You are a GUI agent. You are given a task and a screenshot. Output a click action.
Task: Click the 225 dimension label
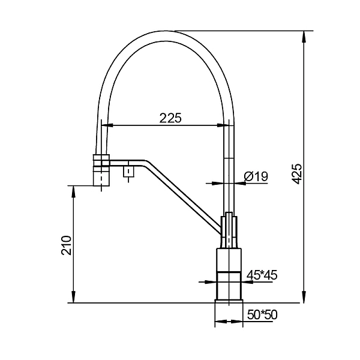coord(170,118)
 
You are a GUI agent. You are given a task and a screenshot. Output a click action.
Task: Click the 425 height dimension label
coord(298,174)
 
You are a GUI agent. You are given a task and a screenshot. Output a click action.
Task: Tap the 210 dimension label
coord(67,245)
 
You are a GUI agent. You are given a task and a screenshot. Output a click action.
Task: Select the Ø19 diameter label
coord(256,176)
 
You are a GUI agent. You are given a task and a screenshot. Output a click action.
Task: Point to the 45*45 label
coord(262,275)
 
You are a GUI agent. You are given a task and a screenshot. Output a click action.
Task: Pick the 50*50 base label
coord(262,315)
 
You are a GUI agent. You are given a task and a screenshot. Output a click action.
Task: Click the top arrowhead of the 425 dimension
coord(304,36)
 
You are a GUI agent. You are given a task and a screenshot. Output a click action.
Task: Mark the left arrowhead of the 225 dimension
coord(107,125)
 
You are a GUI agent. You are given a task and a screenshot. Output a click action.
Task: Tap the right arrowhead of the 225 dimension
coord(223,125)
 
